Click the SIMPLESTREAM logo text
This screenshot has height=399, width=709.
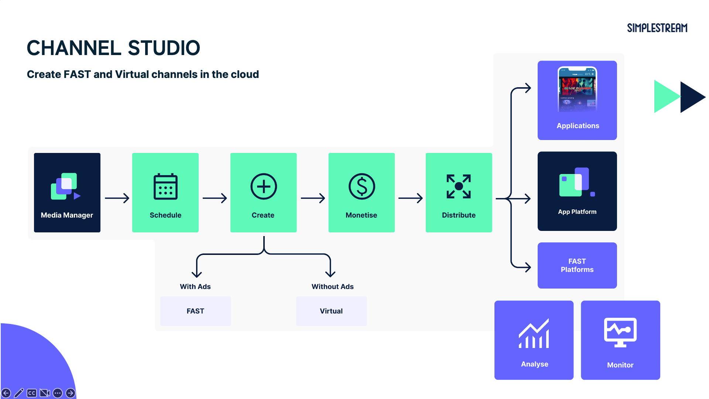click(x=657, y=28)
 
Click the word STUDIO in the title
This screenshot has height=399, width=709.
click(x=164, y=48)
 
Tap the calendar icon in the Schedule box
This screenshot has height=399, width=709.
click(x=165, y=187)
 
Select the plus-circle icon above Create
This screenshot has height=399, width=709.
click(x=264, y=187)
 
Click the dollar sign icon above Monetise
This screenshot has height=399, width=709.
click(x=362, y=187)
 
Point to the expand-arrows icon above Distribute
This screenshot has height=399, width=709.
click(x=459, y=187)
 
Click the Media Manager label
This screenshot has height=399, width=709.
click(x=67, y=215)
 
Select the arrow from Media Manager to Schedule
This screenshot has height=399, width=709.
click(x=117, y=198)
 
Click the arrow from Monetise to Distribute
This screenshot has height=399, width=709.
click(x=410, y=198)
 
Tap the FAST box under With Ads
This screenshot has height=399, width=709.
click(x=195, y=311)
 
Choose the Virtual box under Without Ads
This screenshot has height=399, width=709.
click(x=331, y=311)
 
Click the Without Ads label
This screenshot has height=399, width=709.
click(x=332, y=287)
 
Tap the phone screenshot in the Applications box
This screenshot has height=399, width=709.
click(x=577, y=89)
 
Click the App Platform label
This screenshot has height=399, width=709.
click(x=577, y=212)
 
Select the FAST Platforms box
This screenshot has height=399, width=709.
click(x=577, y=265)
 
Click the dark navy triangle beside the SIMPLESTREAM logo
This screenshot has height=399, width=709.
click(x=691, y=97)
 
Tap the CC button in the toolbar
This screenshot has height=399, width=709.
click(x=32, y=393)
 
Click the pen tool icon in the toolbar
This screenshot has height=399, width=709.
click(x=19, y=393)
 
